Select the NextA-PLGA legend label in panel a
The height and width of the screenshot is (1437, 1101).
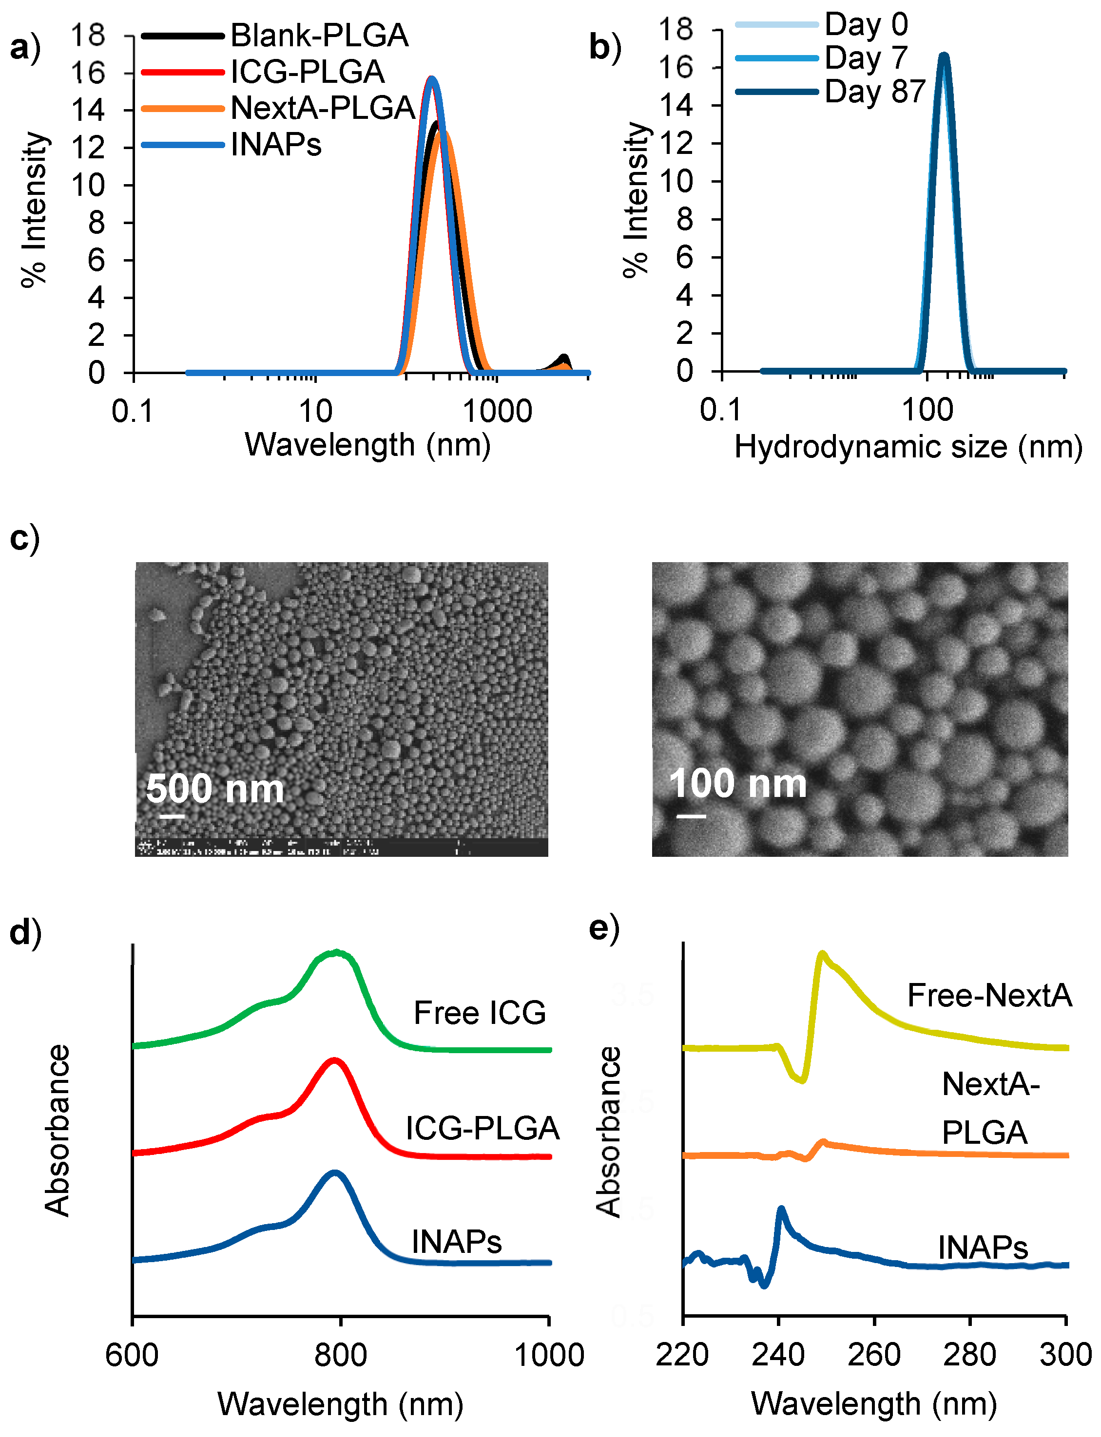(x=323, y=108)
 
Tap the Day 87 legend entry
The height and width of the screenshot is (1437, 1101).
(x=874, y=92)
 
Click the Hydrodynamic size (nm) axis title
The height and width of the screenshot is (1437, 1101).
(x=908, y=447)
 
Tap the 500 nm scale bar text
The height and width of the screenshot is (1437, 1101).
(x=215, y=789)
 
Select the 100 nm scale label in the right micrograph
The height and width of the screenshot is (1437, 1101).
(x=737, y=783)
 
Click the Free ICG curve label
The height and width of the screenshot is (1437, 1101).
(x=480, y=1013)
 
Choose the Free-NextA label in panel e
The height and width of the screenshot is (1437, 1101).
(x=989, y=996)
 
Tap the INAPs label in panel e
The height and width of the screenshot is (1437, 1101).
(x=983, y=1247)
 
